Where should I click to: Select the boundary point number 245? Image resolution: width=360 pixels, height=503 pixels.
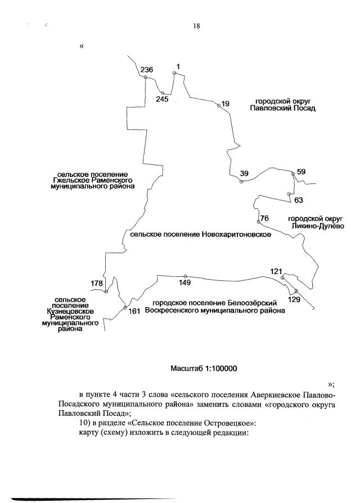163,99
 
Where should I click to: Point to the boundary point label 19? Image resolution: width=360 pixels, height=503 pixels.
226,104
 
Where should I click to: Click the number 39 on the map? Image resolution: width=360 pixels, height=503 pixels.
244,174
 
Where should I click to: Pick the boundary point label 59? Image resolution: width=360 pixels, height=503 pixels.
301,172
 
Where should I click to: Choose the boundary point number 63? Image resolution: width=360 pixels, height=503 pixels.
299,200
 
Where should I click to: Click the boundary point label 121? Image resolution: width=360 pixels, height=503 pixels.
276,272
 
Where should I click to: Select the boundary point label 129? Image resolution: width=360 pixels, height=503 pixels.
294,300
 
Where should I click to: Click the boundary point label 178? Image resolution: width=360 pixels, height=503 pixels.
97,283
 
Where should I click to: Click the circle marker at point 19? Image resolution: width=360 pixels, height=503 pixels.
218,105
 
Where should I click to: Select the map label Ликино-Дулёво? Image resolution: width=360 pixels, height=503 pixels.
313,226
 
